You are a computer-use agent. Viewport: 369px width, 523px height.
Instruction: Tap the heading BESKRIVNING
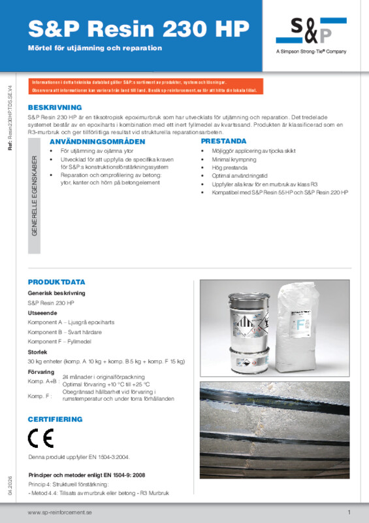tap(55, 107)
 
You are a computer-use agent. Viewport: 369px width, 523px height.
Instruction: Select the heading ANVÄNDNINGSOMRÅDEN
tap(89, 141)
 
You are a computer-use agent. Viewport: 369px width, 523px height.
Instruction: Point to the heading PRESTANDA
tap(223, 141)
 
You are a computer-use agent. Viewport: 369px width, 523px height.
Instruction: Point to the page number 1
tap(349, 512)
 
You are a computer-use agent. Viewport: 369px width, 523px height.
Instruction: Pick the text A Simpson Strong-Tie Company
tap(312, 52)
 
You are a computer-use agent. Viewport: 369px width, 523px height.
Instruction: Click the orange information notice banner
tap(145, 86)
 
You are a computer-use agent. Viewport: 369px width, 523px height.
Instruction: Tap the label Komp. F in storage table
tap(39, 396)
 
